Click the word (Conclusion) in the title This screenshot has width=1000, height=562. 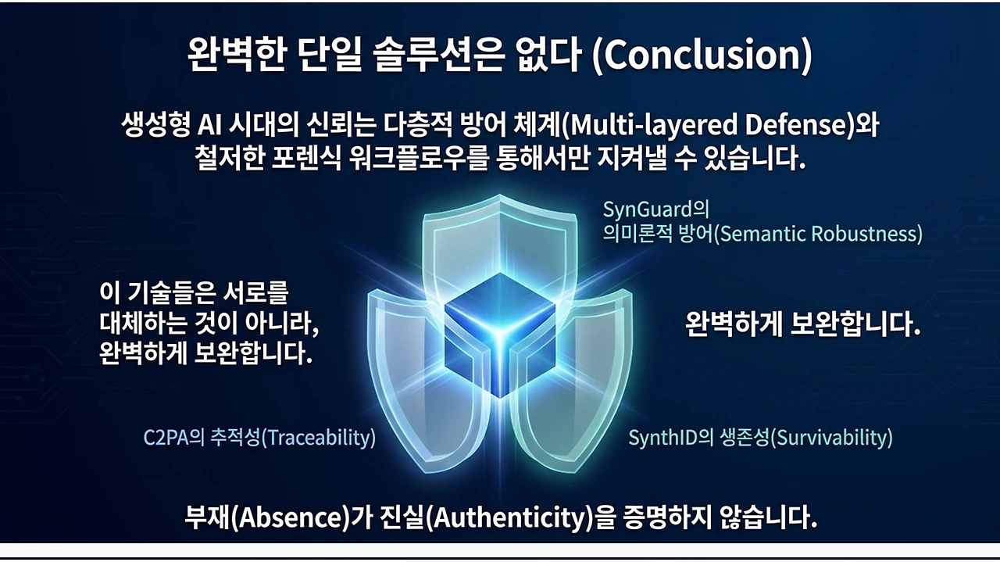[702, 55]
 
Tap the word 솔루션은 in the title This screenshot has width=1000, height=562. [439, 55]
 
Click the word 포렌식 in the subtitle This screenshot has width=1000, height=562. [306, 158]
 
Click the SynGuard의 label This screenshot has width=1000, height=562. [656, 209]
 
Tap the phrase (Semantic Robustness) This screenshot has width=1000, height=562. [818, 234]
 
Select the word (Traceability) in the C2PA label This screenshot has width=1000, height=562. [318, 438]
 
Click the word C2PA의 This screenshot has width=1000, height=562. [173, 438]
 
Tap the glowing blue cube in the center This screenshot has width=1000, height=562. [500, 335]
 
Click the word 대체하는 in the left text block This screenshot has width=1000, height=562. [143, 324]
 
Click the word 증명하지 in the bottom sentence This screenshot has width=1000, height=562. [666, 517]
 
